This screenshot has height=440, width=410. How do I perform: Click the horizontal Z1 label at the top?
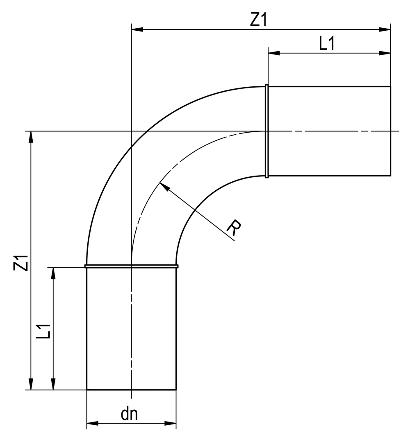[258, 20]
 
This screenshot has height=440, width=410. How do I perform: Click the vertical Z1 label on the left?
[21, 262]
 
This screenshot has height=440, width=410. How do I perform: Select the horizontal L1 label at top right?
[327, 44]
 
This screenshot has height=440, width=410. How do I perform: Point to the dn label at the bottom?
[130, 414]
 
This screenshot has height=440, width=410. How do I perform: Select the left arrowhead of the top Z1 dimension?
[137, 29]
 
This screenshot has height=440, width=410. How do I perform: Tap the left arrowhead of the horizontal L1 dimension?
[273, 53]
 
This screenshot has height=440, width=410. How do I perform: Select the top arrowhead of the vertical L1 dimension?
[53, 273]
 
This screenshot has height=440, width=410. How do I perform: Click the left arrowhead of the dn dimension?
[92, 423]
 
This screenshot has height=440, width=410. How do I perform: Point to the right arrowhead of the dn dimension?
[170, 423]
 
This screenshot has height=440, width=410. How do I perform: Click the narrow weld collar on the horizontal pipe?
[266, 131]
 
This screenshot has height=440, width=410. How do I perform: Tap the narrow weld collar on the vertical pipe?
[131, 266]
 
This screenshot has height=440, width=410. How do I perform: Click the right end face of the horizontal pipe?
[390, 131]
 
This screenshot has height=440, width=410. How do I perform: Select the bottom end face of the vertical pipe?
[131, 390]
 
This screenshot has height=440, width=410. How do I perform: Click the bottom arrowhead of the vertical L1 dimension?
[53, 384]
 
